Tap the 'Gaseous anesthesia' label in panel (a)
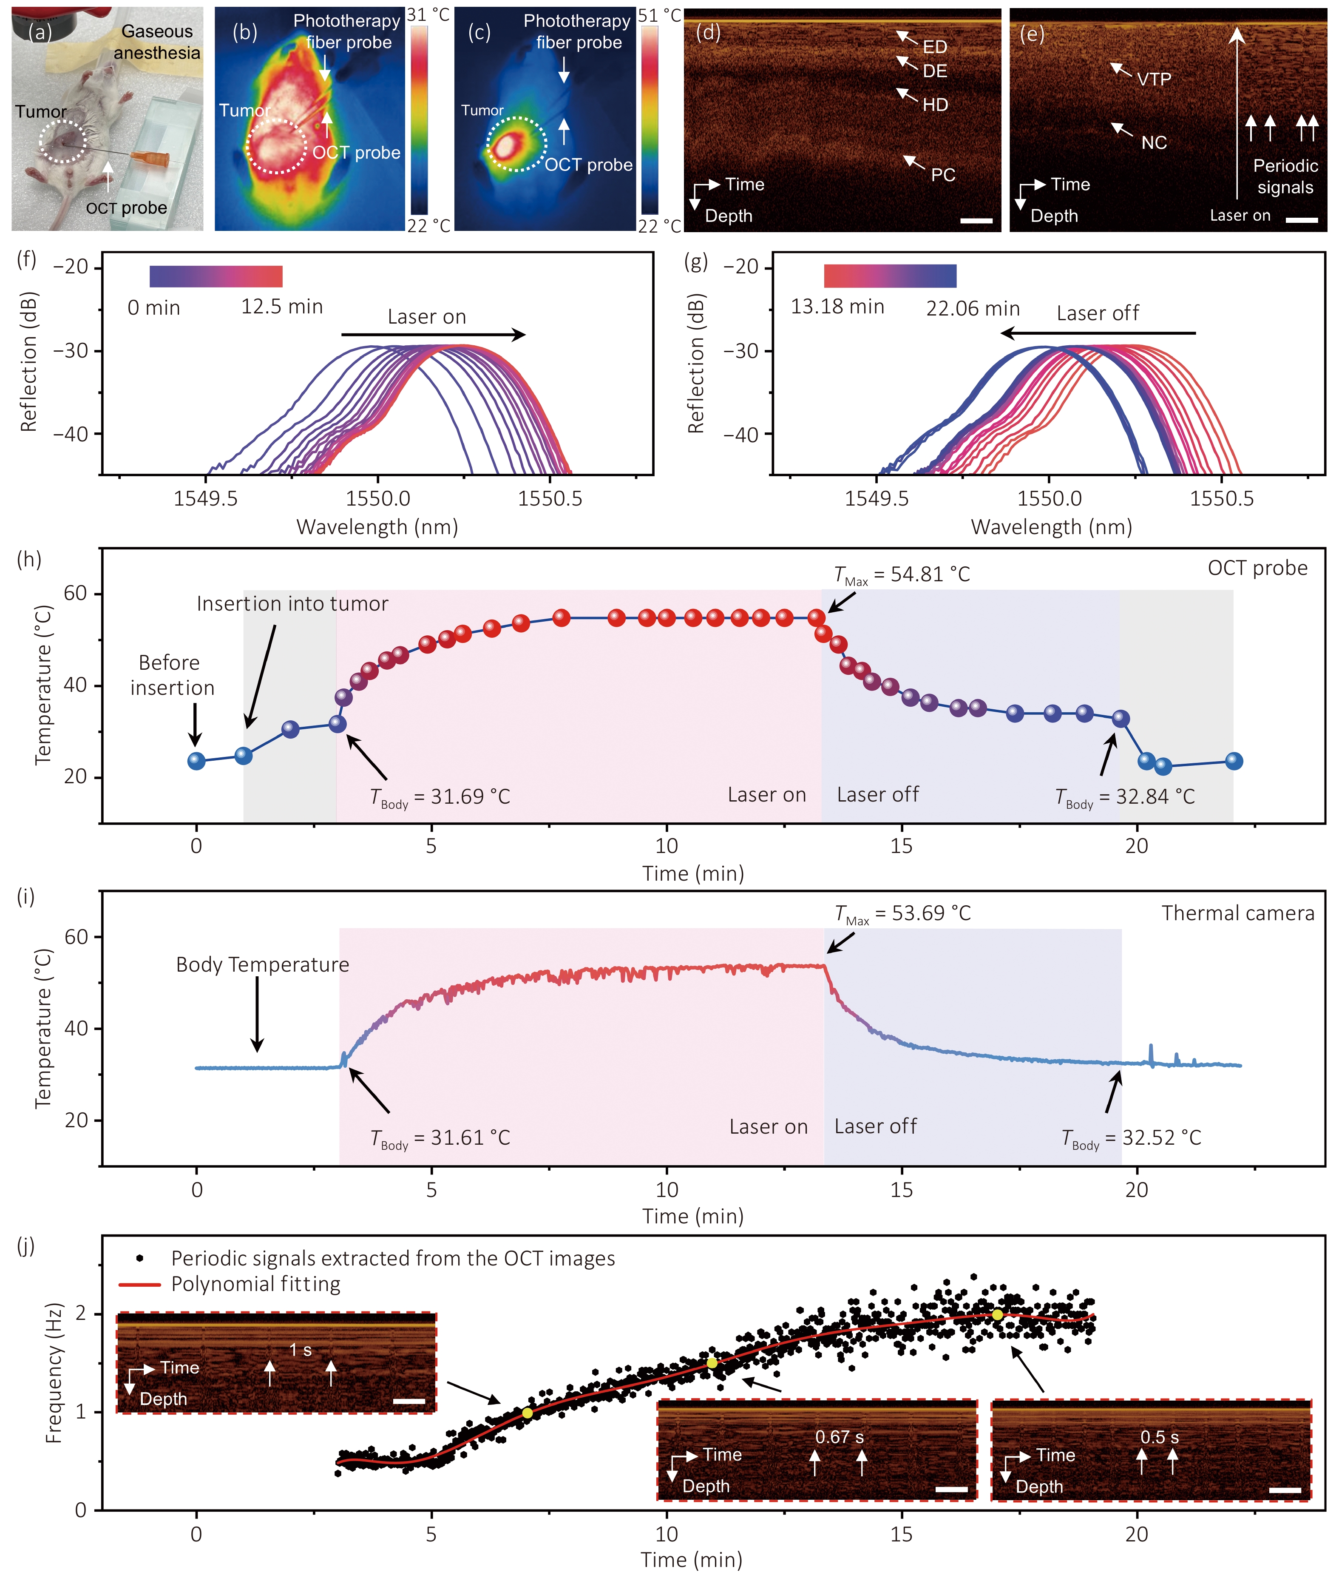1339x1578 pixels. (157, 42)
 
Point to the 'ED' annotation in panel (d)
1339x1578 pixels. (935, 47)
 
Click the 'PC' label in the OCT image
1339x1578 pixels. (943, 175)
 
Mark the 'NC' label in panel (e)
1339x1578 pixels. (1154, 143)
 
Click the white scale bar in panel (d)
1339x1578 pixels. (976, 221)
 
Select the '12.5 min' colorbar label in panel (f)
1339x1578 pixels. (281, 307)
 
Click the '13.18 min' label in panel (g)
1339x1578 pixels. (837, 307)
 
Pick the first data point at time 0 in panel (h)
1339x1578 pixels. (196, 761)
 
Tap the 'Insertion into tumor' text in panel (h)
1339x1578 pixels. (292, 604)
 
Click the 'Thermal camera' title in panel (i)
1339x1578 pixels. (1238, 913)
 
